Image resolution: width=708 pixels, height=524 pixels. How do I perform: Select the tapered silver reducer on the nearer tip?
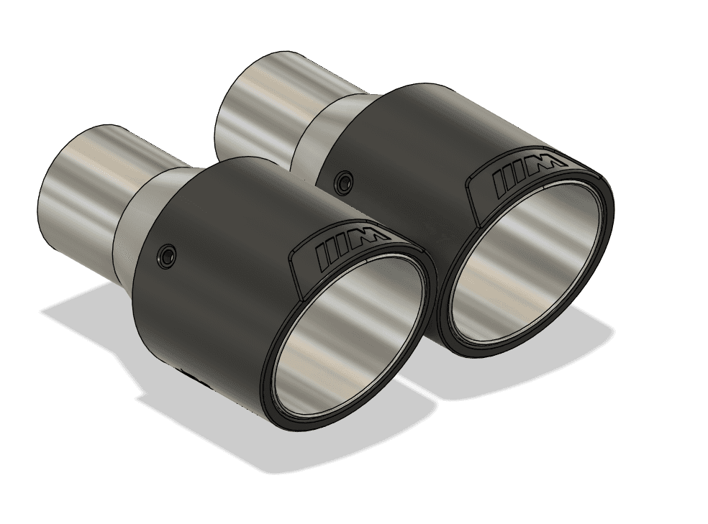(147, 208)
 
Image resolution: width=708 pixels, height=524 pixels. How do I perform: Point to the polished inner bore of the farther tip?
(525, 266)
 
